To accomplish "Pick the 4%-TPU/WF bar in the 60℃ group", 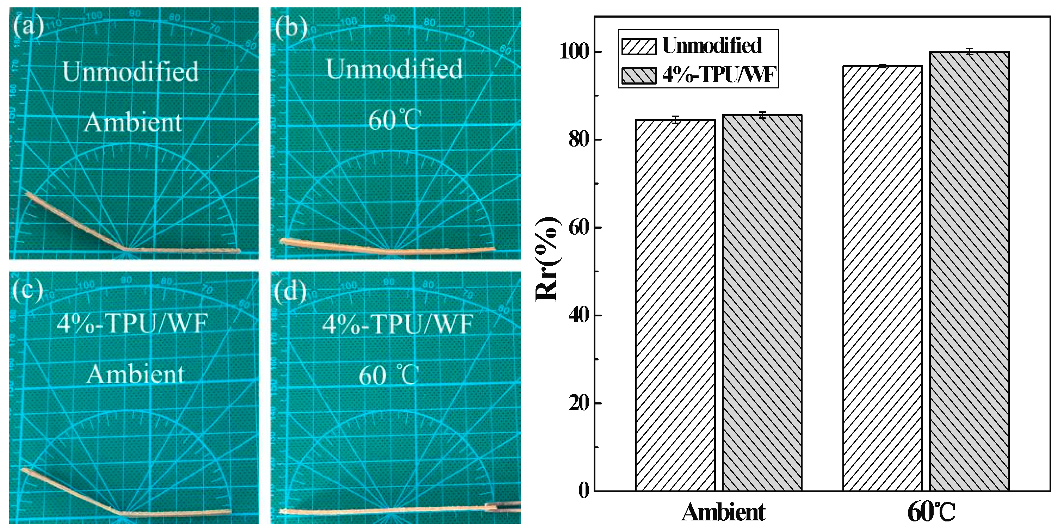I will coord(969,271).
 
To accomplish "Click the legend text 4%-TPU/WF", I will coord(719,75).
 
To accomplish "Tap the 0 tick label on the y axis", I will coord(584,490).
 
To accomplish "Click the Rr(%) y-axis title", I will coord(547,259).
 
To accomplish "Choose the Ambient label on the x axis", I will coord(723,512).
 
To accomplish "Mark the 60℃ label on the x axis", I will coord(931,513).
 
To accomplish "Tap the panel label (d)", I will coord(290,291).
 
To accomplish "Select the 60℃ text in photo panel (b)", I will coord(394,120).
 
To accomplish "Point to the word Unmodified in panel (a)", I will coord(130,72).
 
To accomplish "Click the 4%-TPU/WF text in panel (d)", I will coord(397,324).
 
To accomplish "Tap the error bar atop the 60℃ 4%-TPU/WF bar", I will coord(969,52).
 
